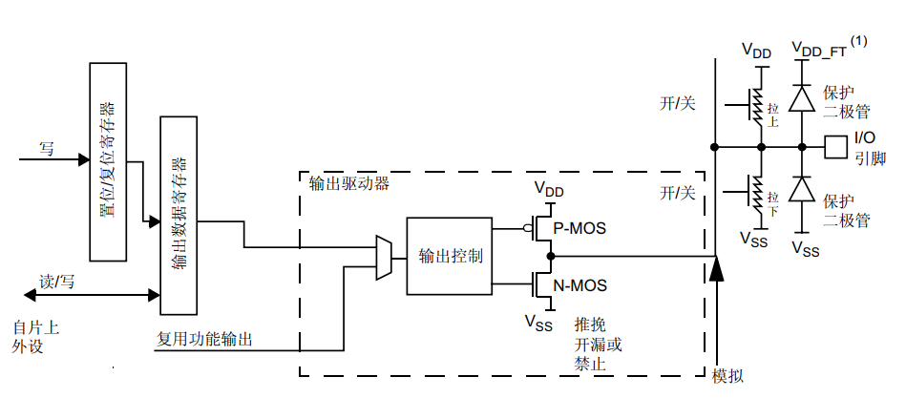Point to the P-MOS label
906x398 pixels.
[580, 228]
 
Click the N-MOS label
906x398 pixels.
[580, 284]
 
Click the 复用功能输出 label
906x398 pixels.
[205, 339]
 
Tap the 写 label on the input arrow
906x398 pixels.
[46, 148]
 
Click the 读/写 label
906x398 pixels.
[56, 283]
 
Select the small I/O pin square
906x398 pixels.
[835, 147]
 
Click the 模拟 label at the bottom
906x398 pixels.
[728, 375]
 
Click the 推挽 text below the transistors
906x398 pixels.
[589, 325]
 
